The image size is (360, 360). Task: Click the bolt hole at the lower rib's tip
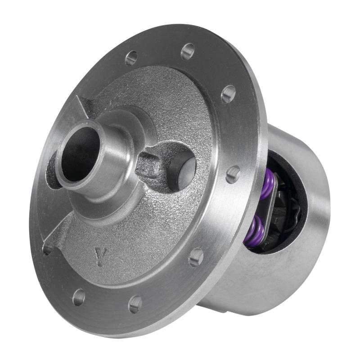[47, 249]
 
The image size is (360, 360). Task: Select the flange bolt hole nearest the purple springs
[233, 174]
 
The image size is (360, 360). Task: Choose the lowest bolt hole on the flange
[135, 304]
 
